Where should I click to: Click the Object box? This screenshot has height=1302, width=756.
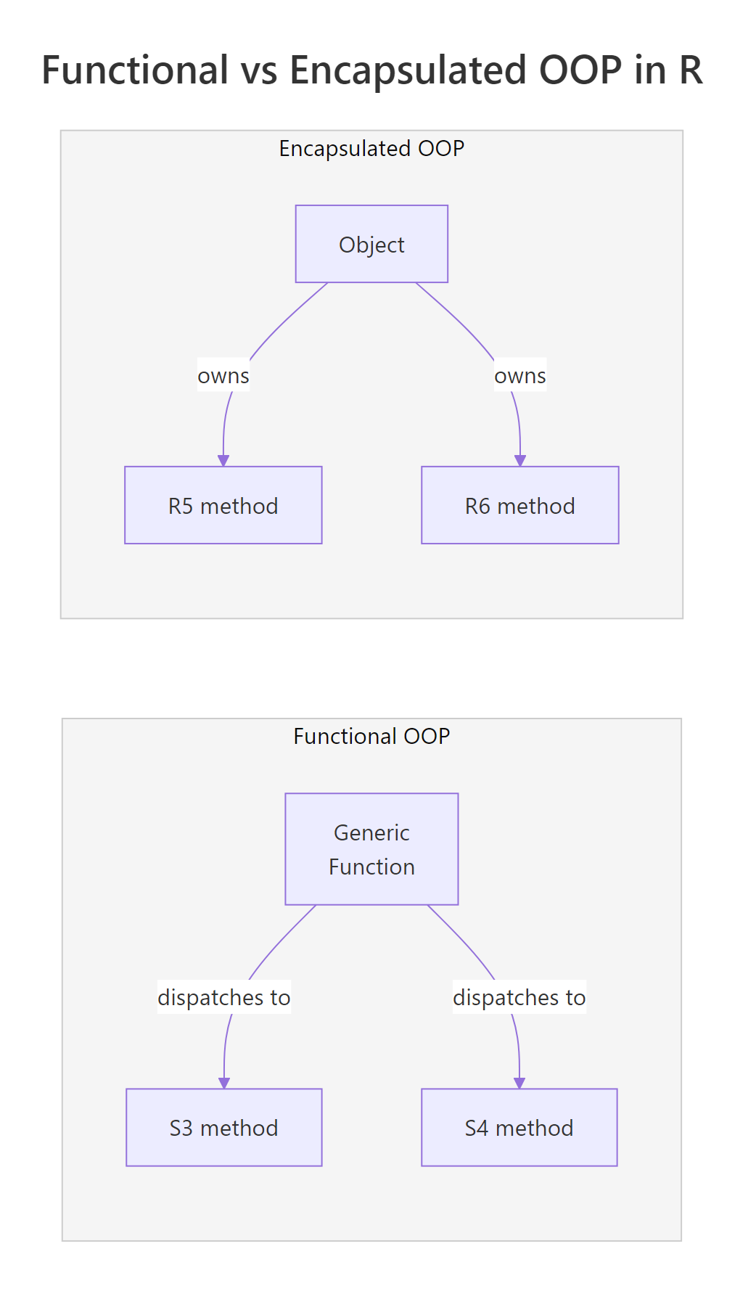click(371, 244)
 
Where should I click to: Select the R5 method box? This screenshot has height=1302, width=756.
click(223, 505)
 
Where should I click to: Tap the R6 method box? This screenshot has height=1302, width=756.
click(519, 505)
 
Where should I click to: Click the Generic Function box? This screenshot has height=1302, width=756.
click(371, 849)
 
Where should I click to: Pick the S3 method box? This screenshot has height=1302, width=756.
click(223, 1127)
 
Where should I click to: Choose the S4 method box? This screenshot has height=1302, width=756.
click(519, 1127)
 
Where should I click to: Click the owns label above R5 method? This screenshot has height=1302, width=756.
click(223, 376)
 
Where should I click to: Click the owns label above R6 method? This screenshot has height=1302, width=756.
click(519, 376)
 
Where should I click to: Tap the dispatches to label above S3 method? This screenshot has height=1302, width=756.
click(224, 997)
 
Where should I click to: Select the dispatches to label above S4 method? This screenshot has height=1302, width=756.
click(519, 997)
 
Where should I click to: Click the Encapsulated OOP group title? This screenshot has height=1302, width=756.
click(371, 148)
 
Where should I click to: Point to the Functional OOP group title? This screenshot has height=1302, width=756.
click(371, 736)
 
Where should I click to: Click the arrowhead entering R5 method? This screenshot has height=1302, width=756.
click(223, 461)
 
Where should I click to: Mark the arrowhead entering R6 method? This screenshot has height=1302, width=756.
click(520, 461)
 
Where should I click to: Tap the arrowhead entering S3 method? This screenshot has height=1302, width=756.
click(224, 1083)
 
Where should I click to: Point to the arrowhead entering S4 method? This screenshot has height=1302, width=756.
click(519, 1083)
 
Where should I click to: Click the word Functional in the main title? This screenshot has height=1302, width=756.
click(135, 70)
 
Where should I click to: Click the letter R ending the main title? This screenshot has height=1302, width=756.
click(691, 70)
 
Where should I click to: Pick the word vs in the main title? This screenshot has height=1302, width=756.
click(259, 70)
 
